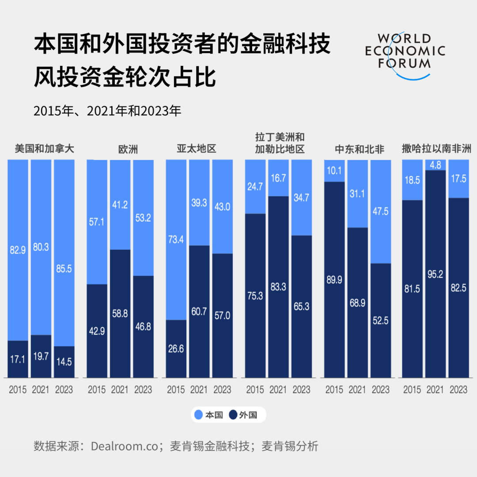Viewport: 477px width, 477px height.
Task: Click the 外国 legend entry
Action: click(x=243, y=415)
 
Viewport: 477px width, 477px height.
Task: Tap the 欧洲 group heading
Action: click(x=128, y=149)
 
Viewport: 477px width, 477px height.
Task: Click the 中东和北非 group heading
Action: click(x=359, y=149)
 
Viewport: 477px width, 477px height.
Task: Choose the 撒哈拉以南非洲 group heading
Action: click(x=436, y=149)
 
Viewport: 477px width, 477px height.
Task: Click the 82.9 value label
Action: click(x=18, y=250)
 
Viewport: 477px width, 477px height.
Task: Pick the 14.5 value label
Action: click(x=64, y=361)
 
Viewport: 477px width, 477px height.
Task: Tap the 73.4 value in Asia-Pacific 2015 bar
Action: click(x=176, y=240)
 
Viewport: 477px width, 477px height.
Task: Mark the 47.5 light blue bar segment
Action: click(x=381, y=211)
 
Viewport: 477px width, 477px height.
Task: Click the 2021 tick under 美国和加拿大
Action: click(x=41, y=390)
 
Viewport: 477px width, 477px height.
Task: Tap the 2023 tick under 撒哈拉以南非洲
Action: click(x=458, y=390)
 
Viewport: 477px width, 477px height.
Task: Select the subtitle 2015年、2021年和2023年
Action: click(x=107, y=111)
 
